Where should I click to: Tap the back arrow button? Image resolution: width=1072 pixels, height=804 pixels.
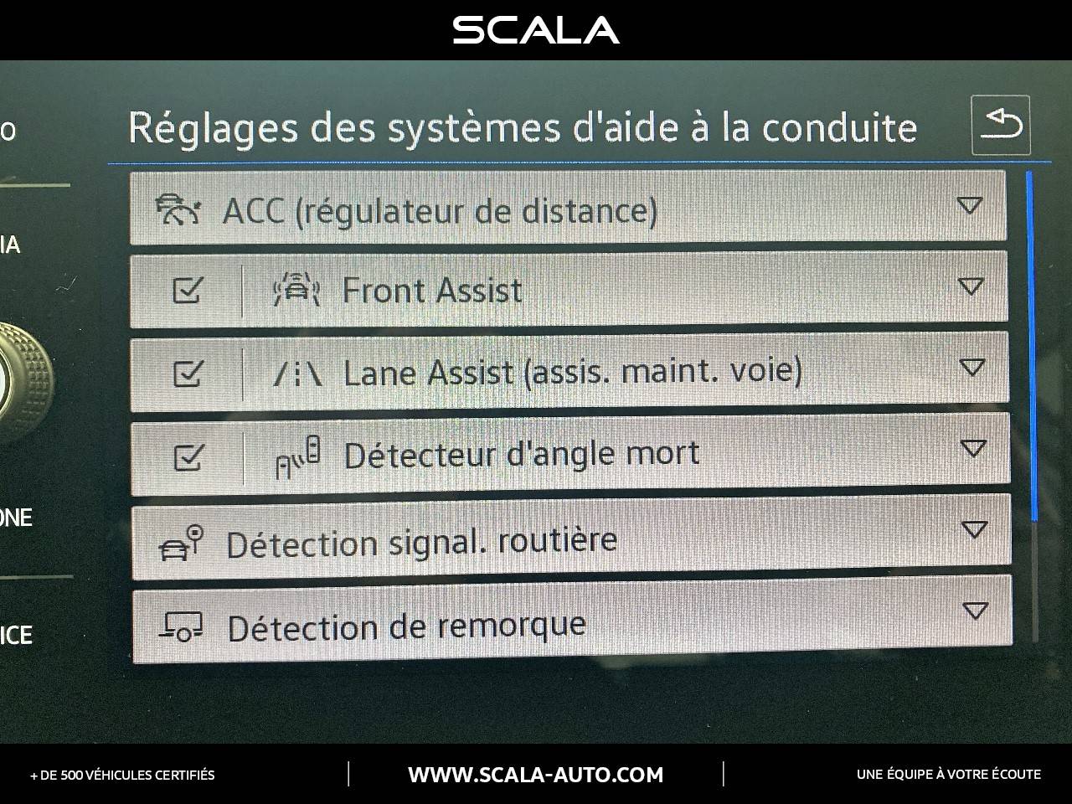coord(1001,126)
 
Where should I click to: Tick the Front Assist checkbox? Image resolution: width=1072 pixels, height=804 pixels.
coord(187,291)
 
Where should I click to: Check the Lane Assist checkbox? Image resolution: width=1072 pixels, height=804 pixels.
coord(187,373)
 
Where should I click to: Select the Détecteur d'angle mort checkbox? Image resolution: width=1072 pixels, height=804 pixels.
coord(188,457)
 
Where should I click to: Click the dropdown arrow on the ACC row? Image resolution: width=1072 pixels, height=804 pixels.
coord(970,205)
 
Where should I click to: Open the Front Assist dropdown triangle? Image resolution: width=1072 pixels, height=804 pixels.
coord(970,286)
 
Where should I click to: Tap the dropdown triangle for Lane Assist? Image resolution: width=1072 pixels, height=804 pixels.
coord(971,367)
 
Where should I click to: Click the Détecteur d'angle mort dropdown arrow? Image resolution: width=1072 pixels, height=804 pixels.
coord(972,449)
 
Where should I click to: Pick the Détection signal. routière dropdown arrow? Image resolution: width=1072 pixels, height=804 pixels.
coord(973,529)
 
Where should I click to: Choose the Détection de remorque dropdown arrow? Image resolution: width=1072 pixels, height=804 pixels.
coord(974,610)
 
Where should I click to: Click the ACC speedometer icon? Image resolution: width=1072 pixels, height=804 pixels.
coord(178,209)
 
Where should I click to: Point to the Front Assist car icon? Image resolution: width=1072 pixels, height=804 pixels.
coord(296,291)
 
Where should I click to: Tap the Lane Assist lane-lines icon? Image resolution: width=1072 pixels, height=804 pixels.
coord(297,374)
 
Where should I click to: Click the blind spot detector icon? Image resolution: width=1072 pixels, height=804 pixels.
coord(298,456)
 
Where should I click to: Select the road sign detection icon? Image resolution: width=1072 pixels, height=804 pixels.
coord(181,543)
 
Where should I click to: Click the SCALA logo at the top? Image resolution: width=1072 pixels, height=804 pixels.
coord(536,30)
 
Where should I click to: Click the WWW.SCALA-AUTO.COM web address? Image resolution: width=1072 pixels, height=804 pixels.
coord(536,775)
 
